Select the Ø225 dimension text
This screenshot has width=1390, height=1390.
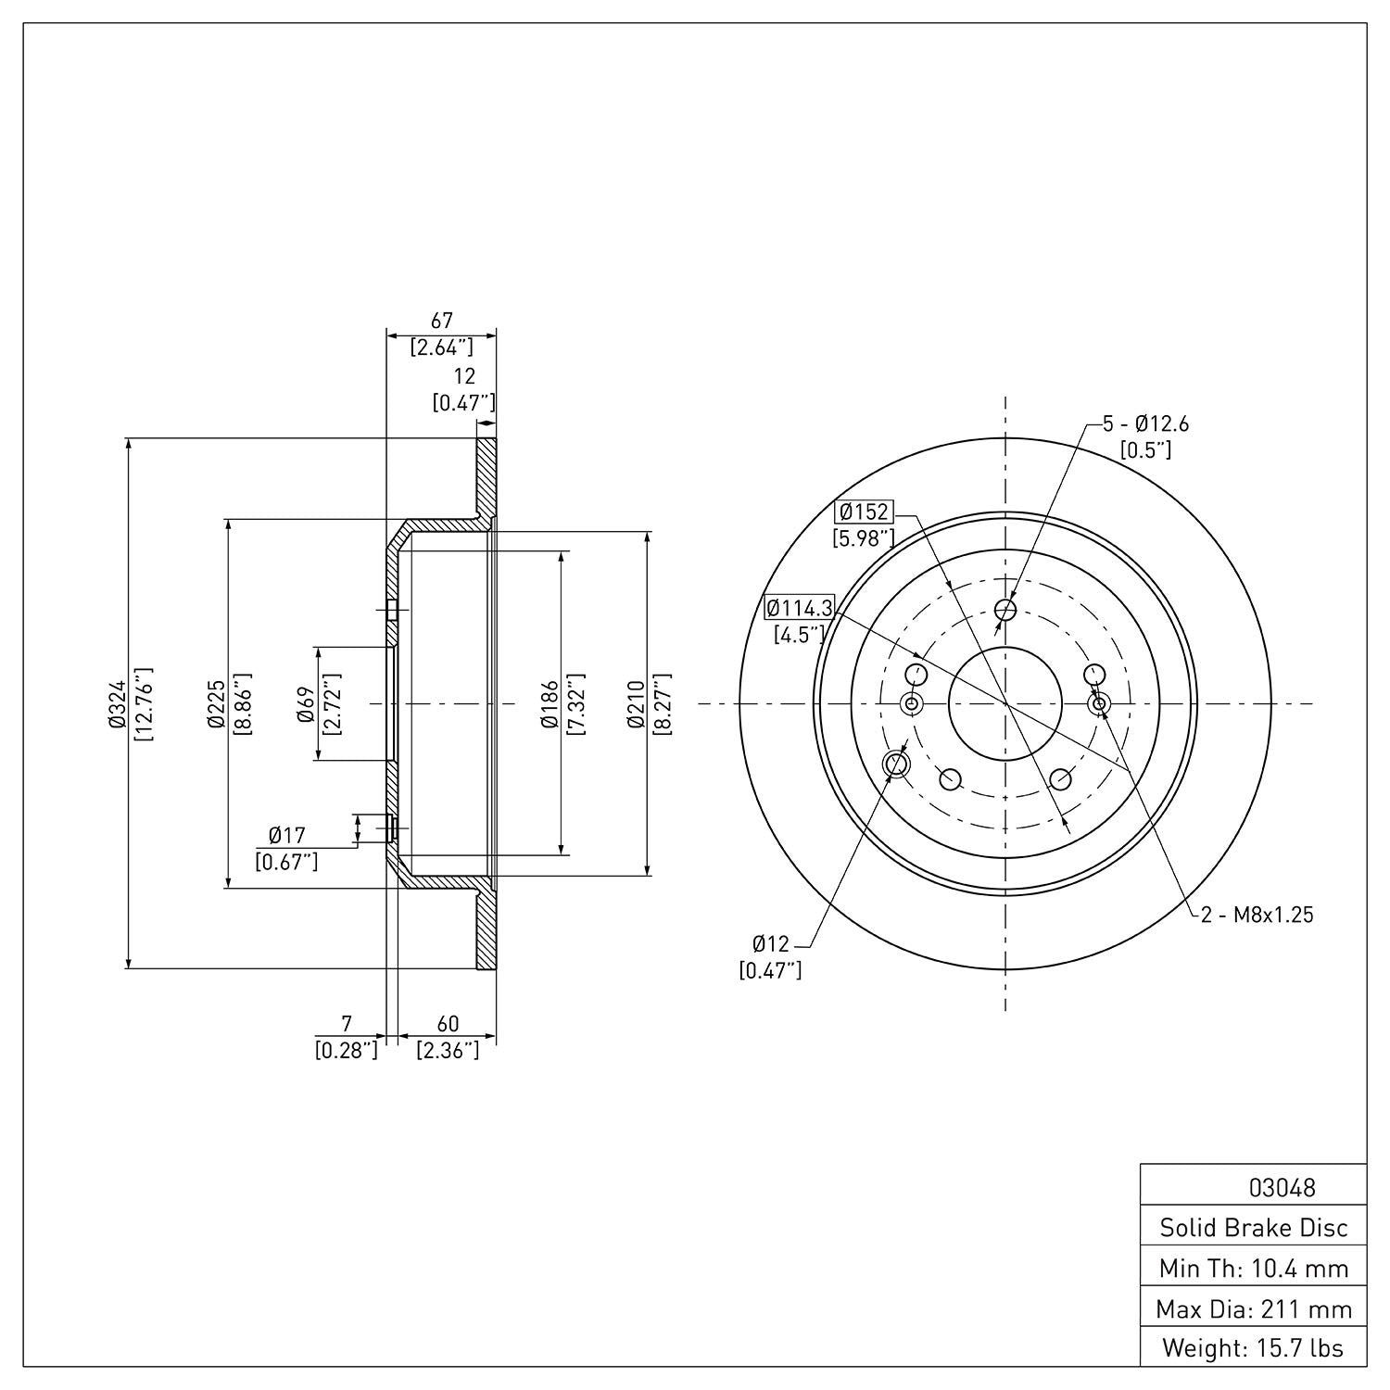tap(216, 704)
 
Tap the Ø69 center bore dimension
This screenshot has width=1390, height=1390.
tap(307, 704)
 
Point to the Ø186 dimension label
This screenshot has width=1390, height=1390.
tap(550, 704)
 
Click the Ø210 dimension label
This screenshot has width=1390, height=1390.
tap(637, 704)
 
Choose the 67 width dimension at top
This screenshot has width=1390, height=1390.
tap(442, 321)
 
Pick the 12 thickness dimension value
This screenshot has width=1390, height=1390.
tap(464, 376)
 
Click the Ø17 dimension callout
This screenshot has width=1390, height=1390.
tap(287, 836)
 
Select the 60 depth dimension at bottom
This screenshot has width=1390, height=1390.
tap(448, 1024)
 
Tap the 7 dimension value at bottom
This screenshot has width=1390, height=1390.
tap(347, 1024)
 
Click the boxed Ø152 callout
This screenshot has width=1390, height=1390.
tap(864, 512)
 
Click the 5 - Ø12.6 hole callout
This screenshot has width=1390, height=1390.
tap(1145, 424)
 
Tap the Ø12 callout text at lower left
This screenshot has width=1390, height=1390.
tap(770, 944)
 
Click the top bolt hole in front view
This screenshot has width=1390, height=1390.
tap(1005, 610)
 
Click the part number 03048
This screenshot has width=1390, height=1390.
tap(1282, 1187)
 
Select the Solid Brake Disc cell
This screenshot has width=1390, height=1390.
tap(1254, 1228)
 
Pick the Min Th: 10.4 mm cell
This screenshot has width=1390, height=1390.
tap(1254, 1269)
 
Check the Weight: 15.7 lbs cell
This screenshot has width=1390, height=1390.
tap(1254, 1347)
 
